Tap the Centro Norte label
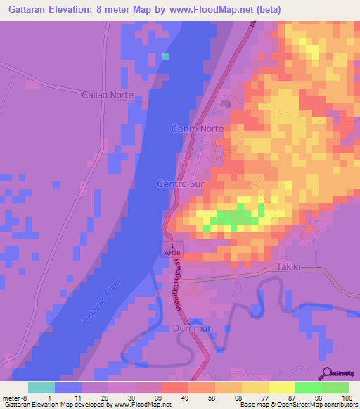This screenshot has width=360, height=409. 198,129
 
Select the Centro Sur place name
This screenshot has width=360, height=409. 180,183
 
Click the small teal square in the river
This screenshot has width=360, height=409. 166,56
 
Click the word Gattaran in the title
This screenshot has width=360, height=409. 26,10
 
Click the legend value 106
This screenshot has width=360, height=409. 347,397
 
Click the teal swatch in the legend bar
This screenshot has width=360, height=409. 41,387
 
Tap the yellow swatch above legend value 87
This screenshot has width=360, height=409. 282,387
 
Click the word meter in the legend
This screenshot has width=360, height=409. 11,397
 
